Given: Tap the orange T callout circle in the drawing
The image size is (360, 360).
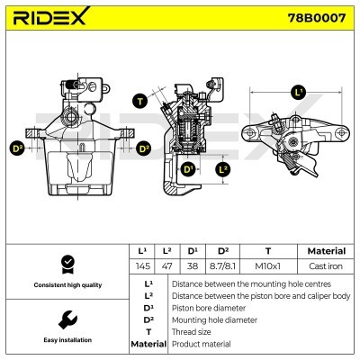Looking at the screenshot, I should (140, 100).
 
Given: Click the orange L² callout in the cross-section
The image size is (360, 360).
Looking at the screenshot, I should (223, 168).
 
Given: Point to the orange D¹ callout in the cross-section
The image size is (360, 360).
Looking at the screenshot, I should (188, 168).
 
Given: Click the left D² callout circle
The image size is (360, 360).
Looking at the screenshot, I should (17, 148).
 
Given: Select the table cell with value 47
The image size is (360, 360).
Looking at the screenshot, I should (166, 266).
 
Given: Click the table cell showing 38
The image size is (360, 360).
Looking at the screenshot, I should (192, 266).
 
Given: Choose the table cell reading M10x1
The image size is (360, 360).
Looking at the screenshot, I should (267, 266).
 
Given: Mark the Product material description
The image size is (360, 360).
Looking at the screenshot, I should (202, 344).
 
